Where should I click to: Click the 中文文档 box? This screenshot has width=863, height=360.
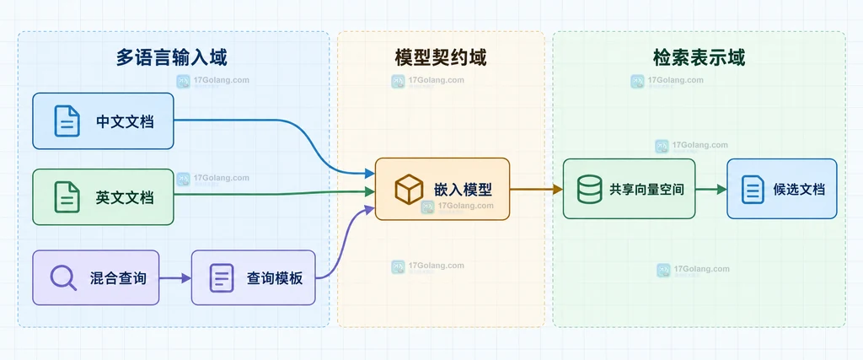click(103, 121)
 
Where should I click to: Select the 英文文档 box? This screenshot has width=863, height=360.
click(103, 197)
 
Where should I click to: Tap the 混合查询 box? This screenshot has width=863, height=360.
click(96, 277)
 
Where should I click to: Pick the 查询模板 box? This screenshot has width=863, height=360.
click(253, 277)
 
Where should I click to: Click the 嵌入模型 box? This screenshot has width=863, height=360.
click(442, 190)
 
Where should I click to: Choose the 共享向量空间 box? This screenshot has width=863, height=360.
click(629, 189)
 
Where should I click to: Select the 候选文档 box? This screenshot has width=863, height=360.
click(782, 189)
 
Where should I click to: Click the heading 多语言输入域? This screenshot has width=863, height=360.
click(172, 57)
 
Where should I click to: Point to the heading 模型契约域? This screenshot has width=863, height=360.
click(441, 57)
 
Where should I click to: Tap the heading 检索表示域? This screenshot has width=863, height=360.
click(699, 57)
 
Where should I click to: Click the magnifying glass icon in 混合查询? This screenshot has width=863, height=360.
click(63, 277)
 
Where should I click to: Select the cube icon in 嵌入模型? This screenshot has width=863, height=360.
click(409, 190)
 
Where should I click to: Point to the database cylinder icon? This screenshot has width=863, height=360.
click(589, 189)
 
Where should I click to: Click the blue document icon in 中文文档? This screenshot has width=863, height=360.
click(67, 121)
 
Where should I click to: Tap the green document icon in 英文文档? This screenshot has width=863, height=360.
click(67, 197)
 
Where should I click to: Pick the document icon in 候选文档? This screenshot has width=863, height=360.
click(753, 189)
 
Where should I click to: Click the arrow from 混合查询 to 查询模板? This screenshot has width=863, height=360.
click(175, 278)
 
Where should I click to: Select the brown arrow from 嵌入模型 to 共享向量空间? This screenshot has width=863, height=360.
click(536, 190)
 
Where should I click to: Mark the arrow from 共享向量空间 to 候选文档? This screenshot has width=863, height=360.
click(711, 190)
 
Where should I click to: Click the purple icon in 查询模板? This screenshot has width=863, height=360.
click(222, 278)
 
